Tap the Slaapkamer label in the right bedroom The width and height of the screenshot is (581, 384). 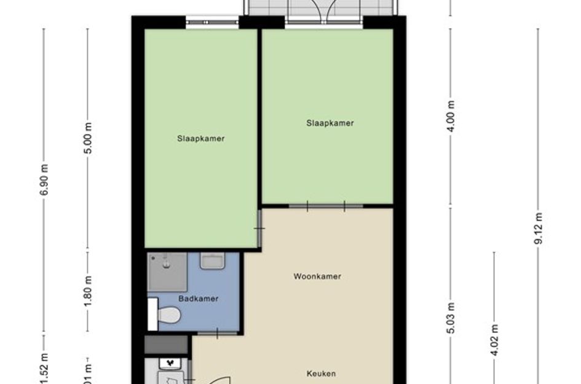[330, 123]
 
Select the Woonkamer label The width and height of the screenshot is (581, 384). [317, 276]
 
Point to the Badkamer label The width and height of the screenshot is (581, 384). [199, 299]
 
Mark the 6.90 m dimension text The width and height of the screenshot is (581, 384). [44, 179]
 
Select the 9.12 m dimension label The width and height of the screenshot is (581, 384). [538, 228]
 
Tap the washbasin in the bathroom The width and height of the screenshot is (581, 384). [211, 261]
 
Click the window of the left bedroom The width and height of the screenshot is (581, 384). [213, 23]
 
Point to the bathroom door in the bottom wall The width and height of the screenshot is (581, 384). [216, 332]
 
